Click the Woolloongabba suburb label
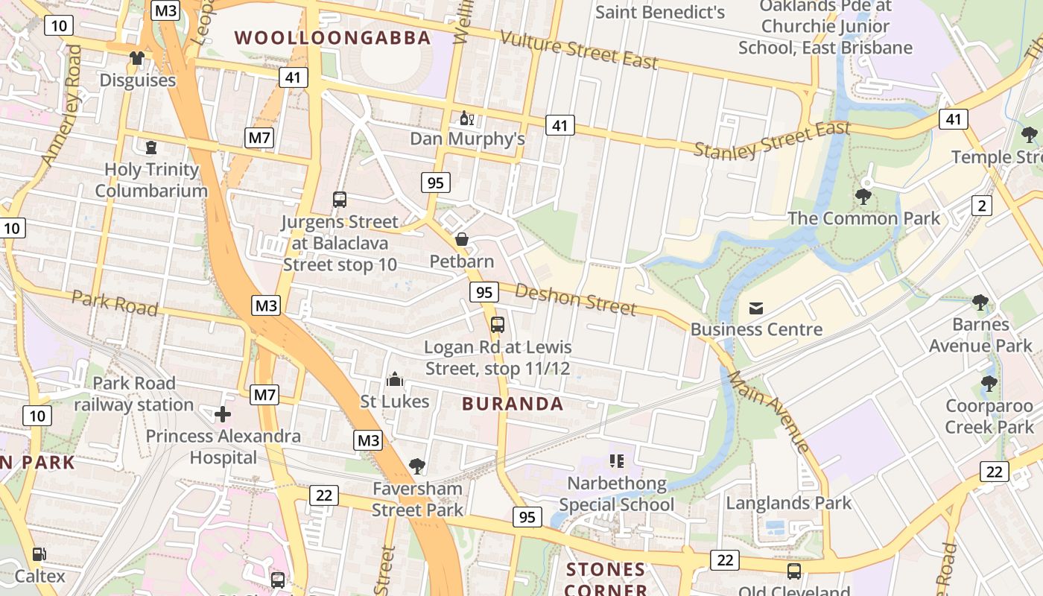[x=332, y=38]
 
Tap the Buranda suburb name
[x=513, y=404]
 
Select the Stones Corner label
[x=606, y=580]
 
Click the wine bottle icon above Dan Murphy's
[x=467, y=118]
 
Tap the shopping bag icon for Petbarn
[x=462, y=239]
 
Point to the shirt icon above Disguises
[x=137, y=58]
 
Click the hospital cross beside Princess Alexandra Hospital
[x=222, y=414]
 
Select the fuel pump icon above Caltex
[x=39, y=554]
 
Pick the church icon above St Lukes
[x=395, y=380]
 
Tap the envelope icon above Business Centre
[x=756, y=308]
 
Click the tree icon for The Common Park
[x=863, y=197]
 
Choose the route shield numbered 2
[x=982, y=206]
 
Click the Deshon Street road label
[x=575, y=299]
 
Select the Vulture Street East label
[x=579, y=50]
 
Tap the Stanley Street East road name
[x=772, y=139]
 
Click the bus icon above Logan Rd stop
[x=498, y=325]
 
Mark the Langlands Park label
[x=788, y=503]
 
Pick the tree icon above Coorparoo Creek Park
[x=989, y=384]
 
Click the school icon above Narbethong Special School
[x=616, y=461]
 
